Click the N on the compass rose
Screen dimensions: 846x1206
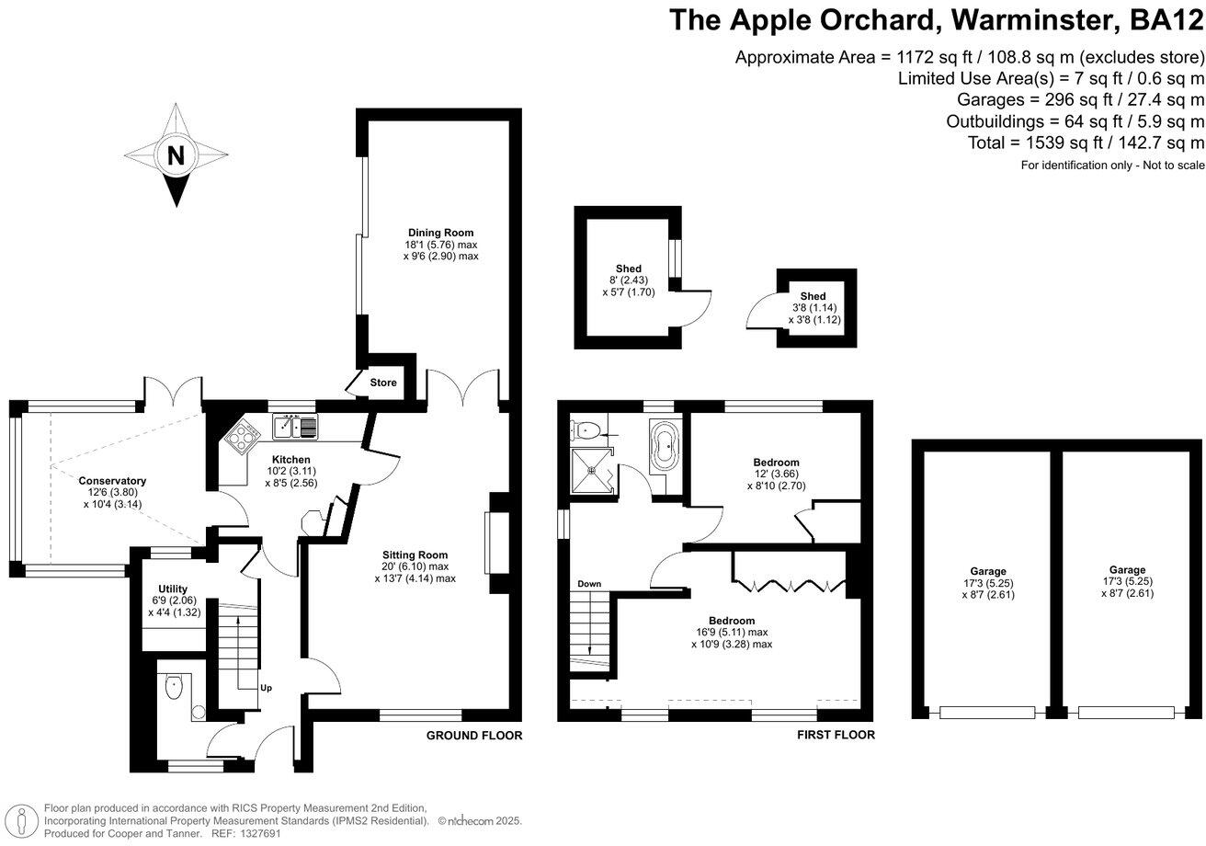click(175, 155)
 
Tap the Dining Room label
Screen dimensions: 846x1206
click(441, 233)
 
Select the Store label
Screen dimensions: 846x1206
click(383, 383)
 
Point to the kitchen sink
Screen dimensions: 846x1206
click(294, 428)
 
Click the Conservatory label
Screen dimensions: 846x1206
click(112, 481)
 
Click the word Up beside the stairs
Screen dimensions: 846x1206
click(265, 688)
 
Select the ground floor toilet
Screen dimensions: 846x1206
click(173, 687)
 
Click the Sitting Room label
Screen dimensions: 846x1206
click(415, 554)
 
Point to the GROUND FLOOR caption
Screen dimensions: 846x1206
click(474, 736)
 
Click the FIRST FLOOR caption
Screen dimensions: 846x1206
click(836, 736)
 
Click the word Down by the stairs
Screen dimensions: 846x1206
click(589, 584)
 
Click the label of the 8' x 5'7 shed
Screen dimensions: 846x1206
click(630, 269)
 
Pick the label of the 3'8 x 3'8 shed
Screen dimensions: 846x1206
click(813, 296)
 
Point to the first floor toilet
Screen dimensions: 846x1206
click(586, 429)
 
